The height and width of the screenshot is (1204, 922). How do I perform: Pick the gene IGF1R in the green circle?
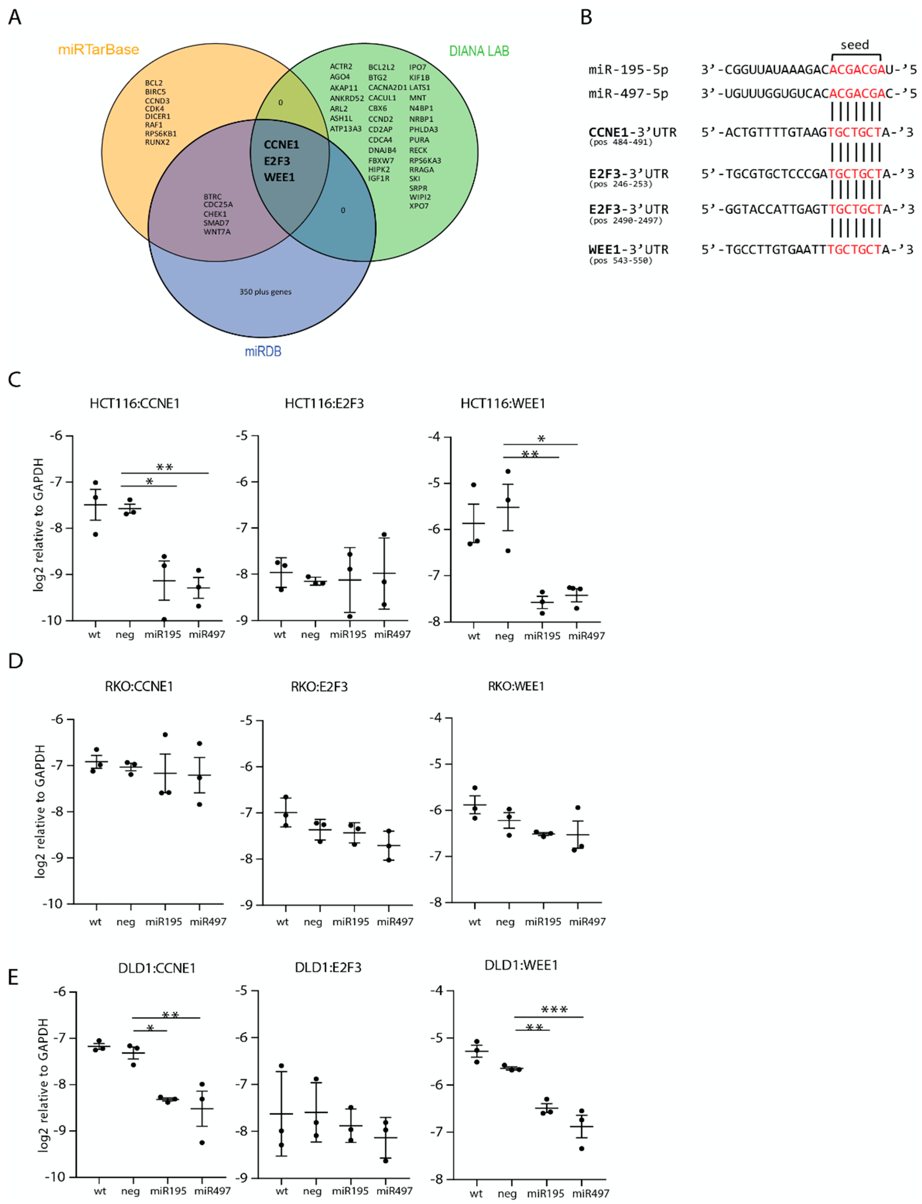[x=379, y=178]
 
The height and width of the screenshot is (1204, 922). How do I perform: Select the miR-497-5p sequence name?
[x=628, y=94]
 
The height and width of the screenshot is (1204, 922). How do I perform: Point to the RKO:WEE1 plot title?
[x=516, y=686]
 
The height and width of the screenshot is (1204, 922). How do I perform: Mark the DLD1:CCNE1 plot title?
[x=157, y=968]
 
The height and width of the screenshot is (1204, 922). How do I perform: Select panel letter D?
[x=15, y=660]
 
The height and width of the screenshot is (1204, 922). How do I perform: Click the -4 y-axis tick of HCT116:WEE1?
[x=434, y=437]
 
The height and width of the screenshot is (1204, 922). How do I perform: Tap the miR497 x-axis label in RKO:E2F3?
[x=395, y=922]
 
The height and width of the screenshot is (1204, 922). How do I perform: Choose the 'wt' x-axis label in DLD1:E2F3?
[x=281, y=1191]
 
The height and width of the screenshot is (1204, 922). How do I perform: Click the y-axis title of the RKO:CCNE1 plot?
[x=40, y=811]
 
